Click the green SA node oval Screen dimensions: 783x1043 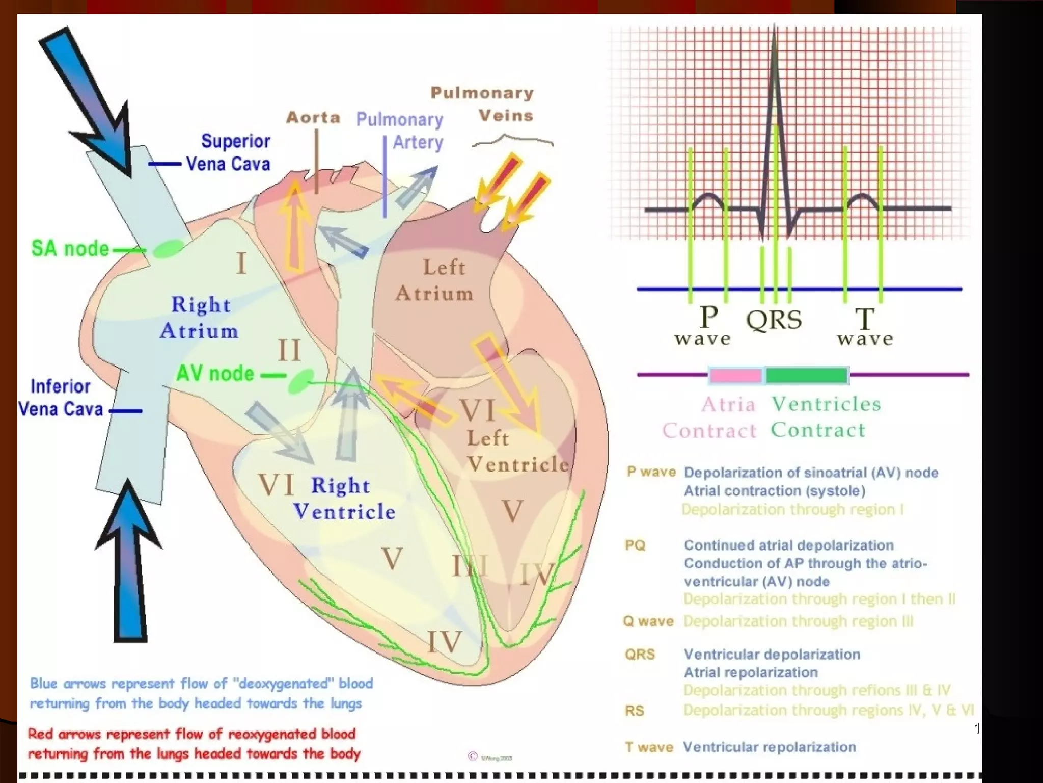(169, 249)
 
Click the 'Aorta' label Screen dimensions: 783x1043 (313, 118)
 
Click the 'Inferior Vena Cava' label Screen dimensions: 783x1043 (61, 398)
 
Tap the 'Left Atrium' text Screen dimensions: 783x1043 (436, 280)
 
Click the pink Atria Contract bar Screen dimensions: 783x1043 (735, 376)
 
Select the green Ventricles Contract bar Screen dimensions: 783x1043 (807, 375)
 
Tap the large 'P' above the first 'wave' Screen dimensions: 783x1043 (709, 317)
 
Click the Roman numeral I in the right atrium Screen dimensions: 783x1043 (241, 264)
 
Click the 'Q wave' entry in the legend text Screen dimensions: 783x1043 (648, 621)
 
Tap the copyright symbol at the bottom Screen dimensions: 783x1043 (473, 756)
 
